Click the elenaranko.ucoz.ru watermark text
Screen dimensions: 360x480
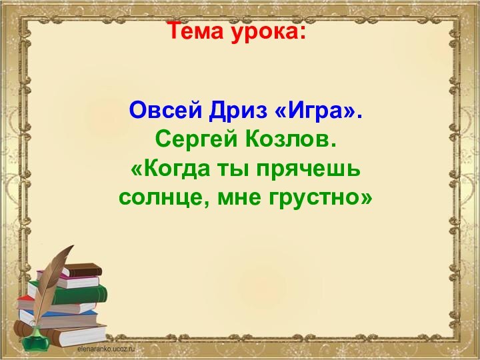coord(106,348)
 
